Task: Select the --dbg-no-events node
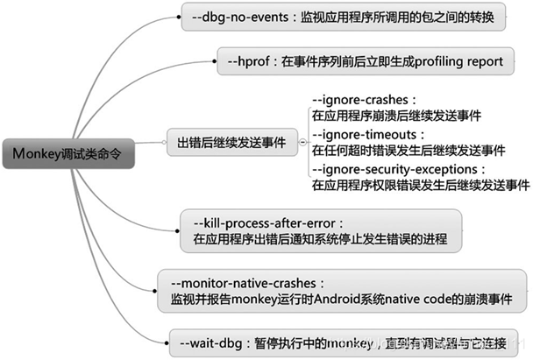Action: [x=343, y=18]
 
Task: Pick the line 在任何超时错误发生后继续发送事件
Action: [x=408, y=150]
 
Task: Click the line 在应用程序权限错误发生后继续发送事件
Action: [x=421, y=185]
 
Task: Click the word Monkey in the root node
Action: [x=36, y=152]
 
